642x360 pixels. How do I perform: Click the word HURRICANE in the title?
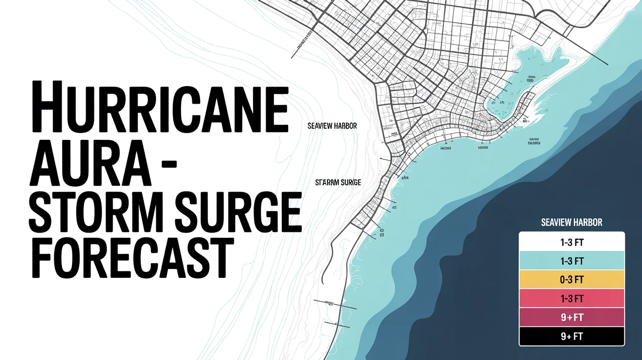pyautogui.click(x=159, y=107)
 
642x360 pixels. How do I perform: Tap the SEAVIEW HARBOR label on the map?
pyautogui.click(x=332, y=126)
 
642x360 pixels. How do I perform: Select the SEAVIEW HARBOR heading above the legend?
pyautogui.click(x=572, y=223)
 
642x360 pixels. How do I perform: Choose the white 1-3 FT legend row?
pyautogui.click(x=572, y=242)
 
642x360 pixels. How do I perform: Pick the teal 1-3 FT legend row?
pyautogui.click(x=572, y=261)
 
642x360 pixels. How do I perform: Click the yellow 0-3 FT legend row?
pyautogui.click(x=572, y=279)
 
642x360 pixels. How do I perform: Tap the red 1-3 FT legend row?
pyautogui.click(x=572, y=298)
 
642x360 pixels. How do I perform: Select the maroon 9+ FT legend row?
pyautogui.click(x=572, y=317)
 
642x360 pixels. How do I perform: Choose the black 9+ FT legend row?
pyautogui.click(x=572, y=336)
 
